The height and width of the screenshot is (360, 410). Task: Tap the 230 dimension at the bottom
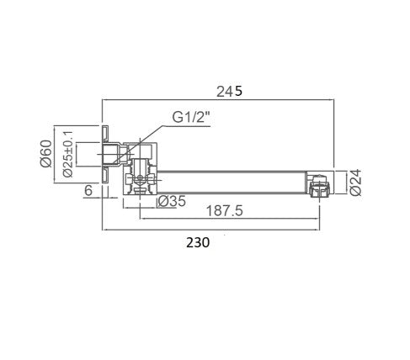tap(197, 242)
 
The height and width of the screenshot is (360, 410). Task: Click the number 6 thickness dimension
tap(88, 191)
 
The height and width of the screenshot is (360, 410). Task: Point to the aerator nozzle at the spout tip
tap(317, 185)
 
